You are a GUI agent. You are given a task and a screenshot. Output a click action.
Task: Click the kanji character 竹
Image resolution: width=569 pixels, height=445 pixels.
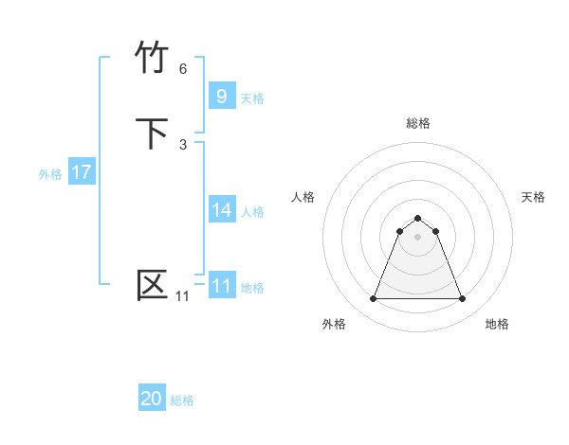[154, 59]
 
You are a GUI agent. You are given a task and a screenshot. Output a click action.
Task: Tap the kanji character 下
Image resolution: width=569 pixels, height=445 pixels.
[154, 133]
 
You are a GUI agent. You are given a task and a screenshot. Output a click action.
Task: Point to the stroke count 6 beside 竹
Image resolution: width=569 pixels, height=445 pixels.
[183, 69]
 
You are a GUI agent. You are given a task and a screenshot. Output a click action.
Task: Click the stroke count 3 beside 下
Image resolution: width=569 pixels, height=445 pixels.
[183, 144]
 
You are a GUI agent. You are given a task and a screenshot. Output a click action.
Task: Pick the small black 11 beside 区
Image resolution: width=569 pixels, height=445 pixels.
[182, 296]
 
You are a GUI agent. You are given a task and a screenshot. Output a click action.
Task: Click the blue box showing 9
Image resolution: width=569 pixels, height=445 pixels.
[222, 96]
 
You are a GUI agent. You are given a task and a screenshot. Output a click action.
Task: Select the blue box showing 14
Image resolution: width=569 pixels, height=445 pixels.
[222, 210]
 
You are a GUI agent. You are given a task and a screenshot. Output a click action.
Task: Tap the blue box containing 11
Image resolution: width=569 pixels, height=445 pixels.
[222, 285]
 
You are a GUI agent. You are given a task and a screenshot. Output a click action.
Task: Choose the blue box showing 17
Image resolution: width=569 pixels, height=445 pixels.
[82, 172]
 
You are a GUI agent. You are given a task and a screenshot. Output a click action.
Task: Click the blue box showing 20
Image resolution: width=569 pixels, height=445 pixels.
[152, 399]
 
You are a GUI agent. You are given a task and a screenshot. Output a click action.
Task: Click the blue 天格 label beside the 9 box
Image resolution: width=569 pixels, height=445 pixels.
[252, 98]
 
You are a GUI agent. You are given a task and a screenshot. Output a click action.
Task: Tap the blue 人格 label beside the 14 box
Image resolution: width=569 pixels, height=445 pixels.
[252, 212]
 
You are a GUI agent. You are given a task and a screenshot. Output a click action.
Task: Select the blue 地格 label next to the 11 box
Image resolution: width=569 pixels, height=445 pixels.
[252, 287]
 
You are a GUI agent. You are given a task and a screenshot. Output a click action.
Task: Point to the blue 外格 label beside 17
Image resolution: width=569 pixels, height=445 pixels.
[50, 174]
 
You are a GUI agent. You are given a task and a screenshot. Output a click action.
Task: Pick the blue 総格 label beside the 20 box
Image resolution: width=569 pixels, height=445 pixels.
[182, 400]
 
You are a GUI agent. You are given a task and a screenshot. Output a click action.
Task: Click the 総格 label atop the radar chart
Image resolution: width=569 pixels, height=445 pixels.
[418, 123]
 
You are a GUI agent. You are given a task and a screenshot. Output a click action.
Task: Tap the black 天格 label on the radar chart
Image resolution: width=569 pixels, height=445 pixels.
[533, 197]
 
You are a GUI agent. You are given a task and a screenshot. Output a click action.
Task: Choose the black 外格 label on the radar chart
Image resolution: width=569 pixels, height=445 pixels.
[334, 324]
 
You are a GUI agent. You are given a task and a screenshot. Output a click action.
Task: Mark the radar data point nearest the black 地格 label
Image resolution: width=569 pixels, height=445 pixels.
[462, 299]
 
